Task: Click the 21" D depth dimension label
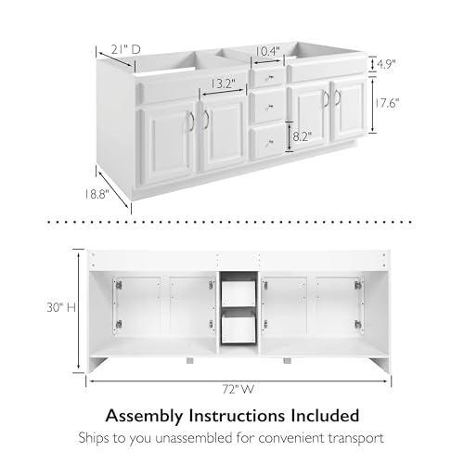(x=125, y=49)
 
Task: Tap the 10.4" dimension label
(x=268, y=51)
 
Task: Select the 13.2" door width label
(x=224, y=84)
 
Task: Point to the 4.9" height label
(x=386, y=64)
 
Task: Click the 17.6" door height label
(x=386, y=103)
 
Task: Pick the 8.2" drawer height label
(x=303, y=136)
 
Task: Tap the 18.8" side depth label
(x=97, y=194)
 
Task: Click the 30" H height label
(x=61, y=308)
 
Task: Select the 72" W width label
(x=238, y=389)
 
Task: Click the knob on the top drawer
(x=268, y=78)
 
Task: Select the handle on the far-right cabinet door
(x=338, y=97)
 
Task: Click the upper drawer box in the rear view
(x=238, y=293)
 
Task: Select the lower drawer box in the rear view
(x=238, y=328)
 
